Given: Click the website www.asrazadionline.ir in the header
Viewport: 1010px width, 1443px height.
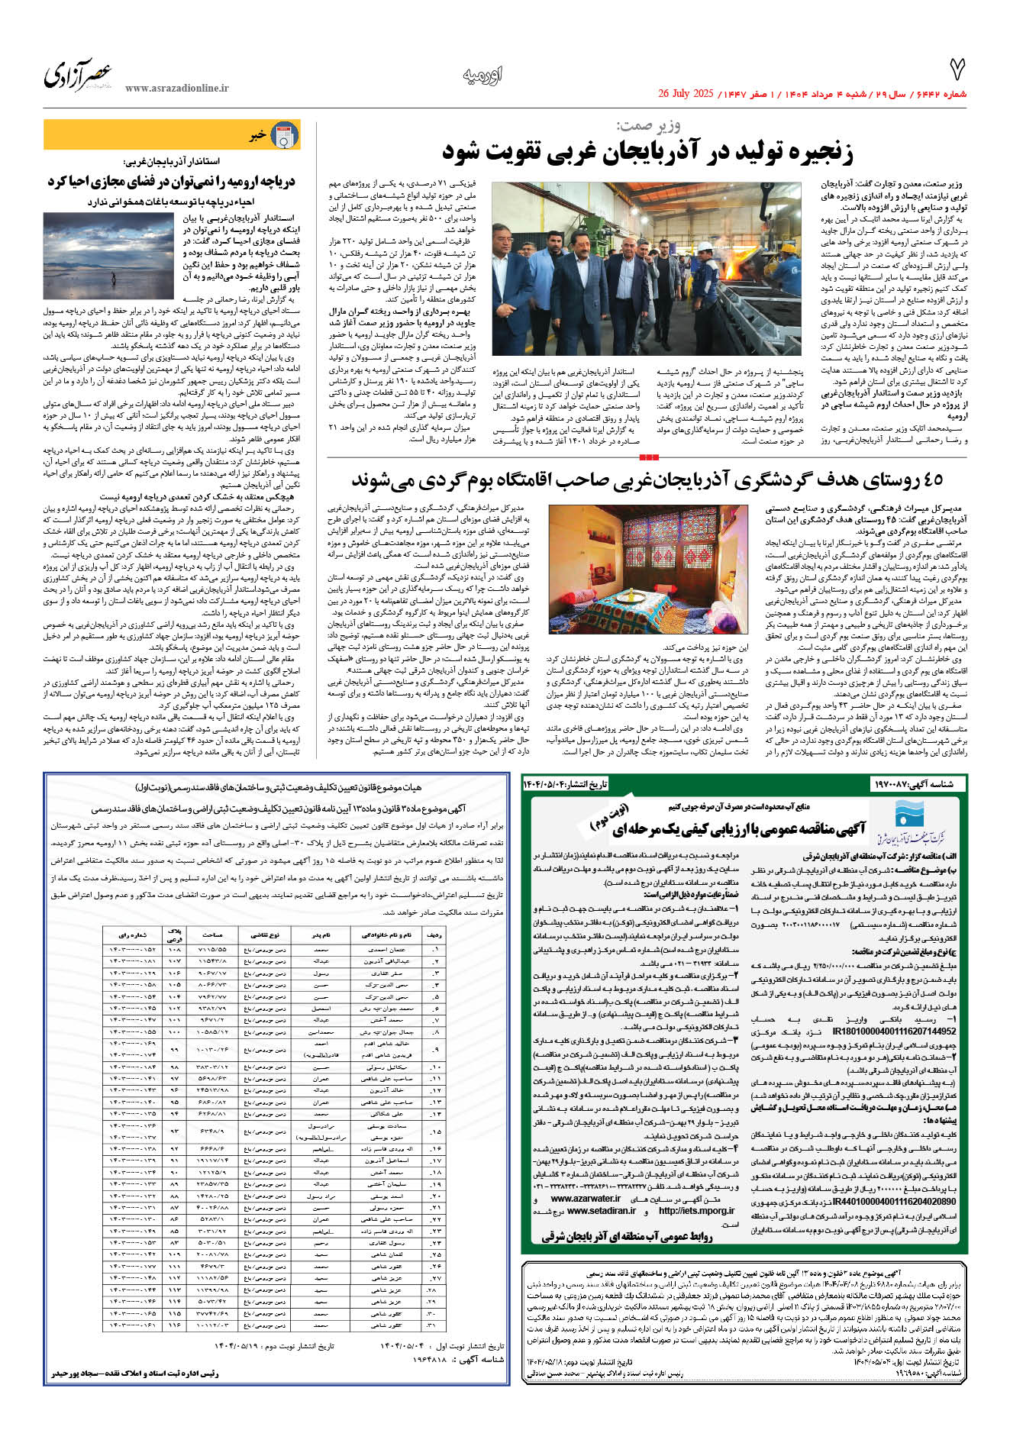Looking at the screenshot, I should click(176, 89).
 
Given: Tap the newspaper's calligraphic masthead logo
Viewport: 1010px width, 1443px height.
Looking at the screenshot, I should click(78, 76).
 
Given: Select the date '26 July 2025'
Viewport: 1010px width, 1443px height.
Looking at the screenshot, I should click(686, 94).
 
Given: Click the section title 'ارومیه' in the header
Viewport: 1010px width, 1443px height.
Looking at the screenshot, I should click(482, 76).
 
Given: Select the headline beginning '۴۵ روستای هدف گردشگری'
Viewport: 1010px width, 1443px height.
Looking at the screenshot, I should click(647, 480).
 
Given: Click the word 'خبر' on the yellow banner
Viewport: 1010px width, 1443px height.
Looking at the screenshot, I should click(257, 136).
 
